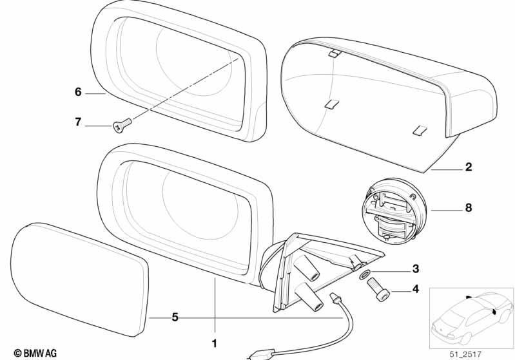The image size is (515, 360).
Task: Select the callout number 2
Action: (x=469, y=167)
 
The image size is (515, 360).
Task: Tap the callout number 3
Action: (x=416, y=269)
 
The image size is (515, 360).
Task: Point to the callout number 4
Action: (x=416, y=290)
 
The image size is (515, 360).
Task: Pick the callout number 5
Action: (x=175, y=317)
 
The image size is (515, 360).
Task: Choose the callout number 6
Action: (x=78, y=92)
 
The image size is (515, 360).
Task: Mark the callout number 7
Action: (x=78, y=122)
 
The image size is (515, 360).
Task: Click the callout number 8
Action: (x=468, y=209)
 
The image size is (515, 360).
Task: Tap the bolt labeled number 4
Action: (x=380, y=290)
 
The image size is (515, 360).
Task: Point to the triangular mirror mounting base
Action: (x=322, y=270)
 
